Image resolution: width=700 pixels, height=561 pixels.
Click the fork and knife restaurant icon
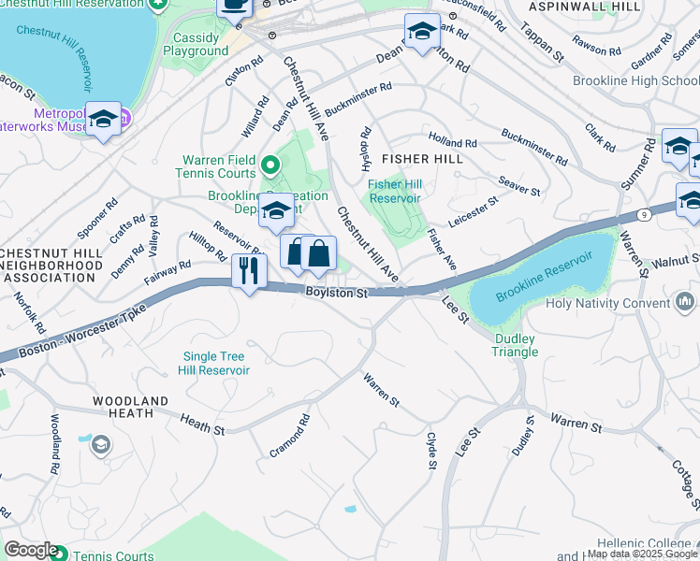[x=249, y=272]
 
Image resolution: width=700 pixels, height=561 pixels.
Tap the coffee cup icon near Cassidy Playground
[x=235, y=6]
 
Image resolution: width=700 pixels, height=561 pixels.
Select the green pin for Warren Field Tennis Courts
[x=270, y=166]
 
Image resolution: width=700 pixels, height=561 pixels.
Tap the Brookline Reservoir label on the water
[x=545, y=277]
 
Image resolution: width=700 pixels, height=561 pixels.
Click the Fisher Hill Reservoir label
[x=394, y=191]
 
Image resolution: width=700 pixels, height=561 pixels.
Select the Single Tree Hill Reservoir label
[x=216, y=364]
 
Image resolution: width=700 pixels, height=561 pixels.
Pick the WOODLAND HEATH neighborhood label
[x=130, y=407]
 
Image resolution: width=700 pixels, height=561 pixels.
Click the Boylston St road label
[x=336, y=294]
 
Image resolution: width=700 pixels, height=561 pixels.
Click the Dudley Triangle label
[x=516, y=345]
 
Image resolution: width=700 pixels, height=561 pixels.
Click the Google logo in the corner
[x=31, y=550]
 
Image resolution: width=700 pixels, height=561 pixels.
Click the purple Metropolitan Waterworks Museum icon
[x=125, y=119]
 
